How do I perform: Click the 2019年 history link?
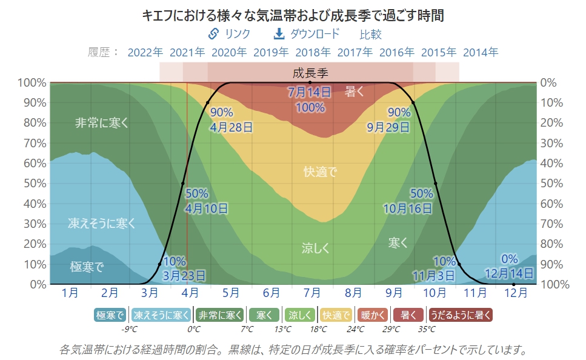pos(271,52)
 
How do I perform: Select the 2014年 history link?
pos(481,52)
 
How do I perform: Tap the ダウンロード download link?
pos(307,34)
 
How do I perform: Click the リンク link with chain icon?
pos(229,34)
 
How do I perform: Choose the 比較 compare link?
pos(371,35)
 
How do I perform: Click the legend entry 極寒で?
pos(110,315)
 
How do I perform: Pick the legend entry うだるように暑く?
pos(461,315)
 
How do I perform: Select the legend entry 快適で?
pos(336,315)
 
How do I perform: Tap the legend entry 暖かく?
pos(373,315)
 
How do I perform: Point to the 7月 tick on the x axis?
pos(312,293)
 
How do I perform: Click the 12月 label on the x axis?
pos(516,293)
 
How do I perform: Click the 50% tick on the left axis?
pos(34,183)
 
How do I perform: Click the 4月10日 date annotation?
pos(207,208)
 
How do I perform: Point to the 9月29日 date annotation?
pos(388,127)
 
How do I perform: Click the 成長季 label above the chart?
pos(310,74)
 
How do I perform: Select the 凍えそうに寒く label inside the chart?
pos(102,224)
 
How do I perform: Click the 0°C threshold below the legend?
pos(194,330)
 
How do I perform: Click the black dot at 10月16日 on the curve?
pos(435,183)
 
